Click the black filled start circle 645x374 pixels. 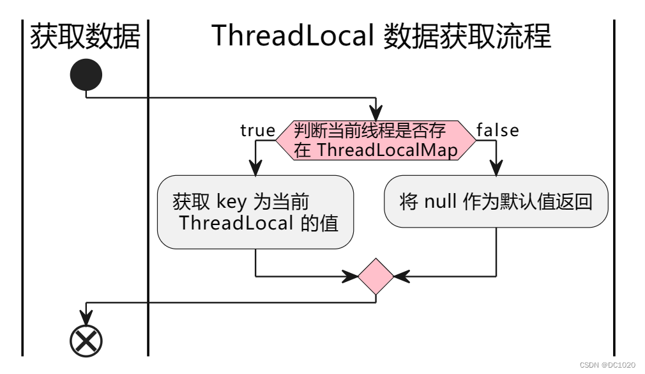point(86,75)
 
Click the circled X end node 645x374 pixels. point(86,340)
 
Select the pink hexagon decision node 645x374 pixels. point(376,139)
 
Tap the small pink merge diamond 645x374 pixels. point(376,276)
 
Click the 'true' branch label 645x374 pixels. point(257,130)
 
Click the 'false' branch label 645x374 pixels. point(497,130)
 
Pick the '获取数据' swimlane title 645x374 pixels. point(85,36)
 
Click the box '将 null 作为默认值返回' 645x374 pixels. point(496,201)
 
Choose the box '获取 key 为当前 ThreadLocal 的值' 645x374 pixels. point(255,212)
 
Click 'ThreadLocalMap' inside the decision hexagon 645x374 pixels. point(387,150)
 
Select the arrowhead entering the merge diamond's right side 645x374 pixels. point(400,276)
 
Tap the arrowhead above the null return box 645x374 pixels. point(496,168)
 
